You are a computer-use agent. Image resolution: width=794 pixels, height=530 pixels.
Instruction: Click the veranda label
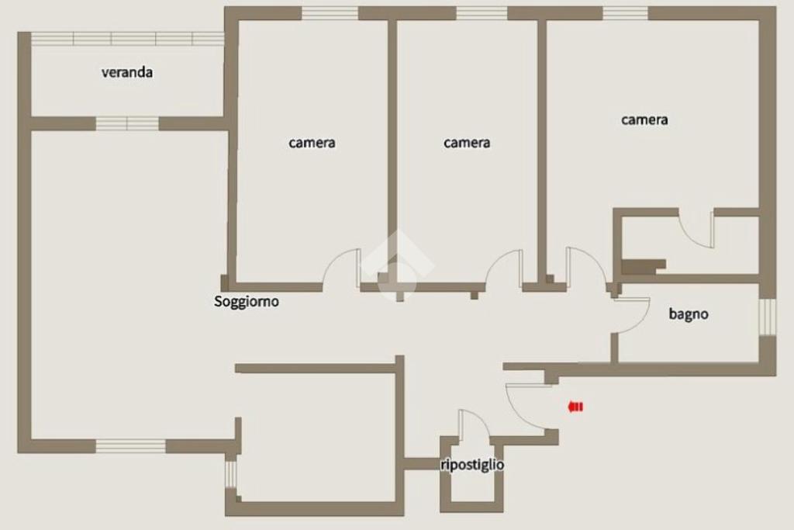coord(127,72)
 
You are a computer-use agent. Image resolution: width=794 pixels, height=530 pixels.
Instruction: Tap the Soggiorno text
coord(246,302)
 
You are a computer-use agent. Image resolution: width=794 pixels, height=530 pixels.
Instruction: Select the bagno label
coord(689,314)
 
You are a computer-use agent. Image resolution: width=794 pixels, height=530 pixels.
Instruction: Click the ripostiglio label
coord(472,465)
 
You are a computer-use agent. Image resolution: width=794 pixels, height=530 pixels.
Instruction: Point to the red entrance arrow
coord(576,407)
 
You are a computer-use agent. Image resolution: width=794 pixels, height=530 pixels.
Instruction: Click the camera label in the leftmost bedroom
coord(312,143)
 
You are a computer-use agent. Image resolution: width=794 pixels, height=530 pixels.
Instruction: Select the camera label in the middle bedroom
coord(467,143)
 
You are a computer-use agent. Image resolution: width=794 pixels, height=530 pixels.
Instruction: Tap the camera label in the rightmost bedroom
coord(644,120)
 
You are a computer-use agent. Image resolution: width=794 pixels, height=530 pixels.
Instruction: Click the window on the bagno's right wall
coord(767,317)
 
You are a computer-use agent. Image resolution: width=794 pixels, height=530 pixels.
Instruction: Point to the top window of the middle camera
coord(482,14)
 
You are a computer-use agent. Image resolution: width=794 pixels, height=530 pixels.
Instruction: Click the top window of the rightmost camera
coord(625,14)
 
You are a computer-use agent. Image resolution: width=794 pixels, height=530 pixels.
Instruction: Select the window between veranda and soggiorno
coord(127,123)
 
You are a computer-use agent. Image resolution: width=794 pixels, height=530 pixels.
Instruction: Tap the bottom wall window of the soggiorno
coord(130,446)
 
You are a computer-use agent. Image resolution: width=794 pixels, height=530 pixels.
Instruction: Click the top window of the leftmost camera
coord(330,14)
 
